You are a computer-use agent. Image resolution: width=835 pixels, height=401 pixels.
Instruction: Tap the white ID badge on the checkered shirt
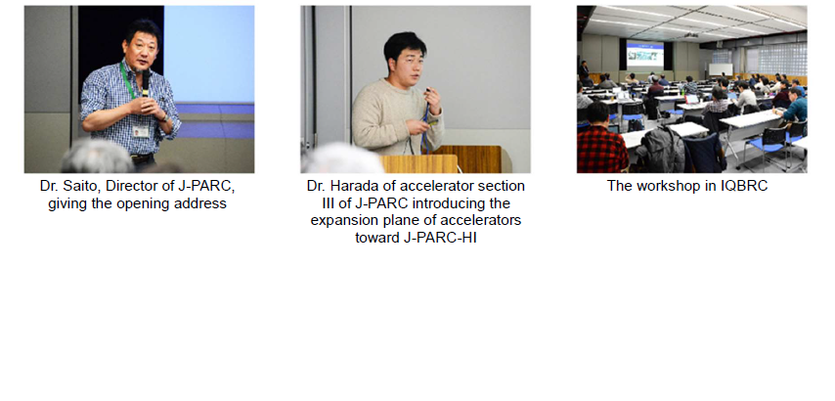coord(141,131)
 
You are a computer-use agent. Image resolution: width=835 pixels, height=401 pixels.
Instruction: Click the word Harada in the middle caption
coord(351,187)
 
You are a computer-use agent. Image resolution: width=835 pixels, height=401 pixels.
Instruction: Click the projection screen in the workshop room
coord(645,55)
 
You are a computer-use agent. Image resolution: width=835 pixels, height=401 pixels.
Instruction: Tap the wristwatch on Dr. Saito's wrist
coord(164,117)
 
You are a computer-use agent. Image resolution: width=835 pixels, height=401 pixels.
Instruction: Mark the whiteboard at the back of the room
coord(721,69)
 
